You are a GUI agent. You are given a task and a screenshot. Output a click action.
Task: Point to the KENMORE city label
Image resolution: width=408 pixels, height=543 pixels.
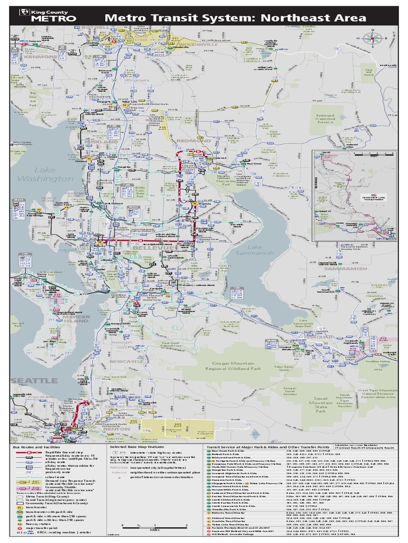pos(40,56)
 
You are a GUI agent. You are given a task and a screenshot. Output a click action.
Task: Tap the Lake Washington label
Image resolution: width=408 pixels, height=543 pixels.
pos(46,174)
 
